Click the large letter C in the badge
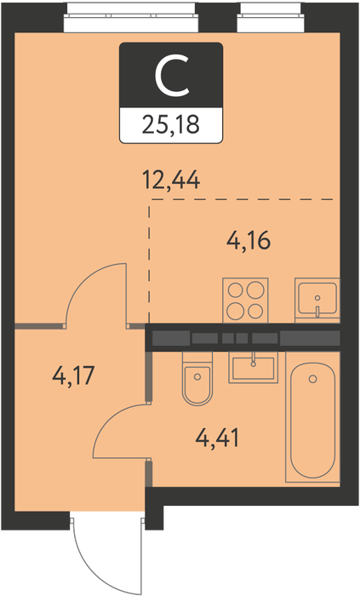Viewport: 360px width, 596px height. [171, 75]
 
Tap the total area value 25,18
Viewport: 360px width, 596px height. [170, 125]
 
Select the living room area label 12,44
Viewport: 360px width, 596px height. [171, 180]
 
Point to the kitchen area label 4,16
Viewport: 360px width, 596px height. [249, 240]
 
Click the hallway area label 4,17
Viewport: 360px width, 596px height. [73, 376]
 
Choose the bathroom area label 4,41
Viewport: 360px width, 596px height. [218, 438]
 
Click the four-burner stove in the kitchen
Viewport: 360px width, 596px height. [245, 301]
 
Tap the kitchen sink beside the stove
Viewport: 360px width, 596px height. [317, 301]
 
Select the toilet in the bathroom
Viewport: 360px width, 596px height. [197, 378]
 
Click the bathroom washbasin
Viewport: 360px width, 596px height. [254, 367]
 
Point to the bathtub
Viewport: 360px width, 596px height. [312, 418]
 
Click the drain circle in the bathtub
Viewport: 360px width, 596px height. [313, 379]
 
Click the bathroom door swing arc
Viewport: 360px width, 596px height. [110, 418]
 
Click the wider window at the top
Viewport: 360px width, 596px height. [131, 18]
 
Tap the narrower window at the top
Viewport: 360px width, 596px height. [271, 18]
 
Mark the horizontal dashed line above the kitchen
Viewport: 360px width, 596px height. [243, 199]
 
